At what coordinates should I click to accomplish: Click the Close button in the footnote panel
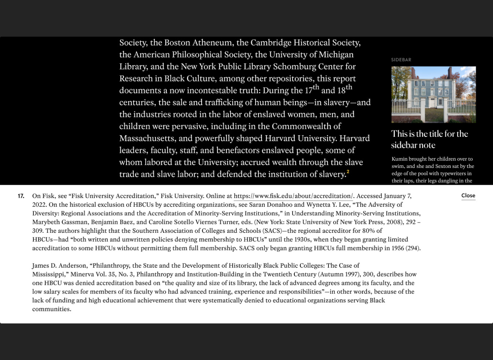[x=468, y=195]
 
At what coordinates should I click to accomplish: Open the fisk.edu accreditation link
[x=293, y=196]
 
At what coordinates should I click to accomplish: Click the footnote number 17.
[x=21, y=196]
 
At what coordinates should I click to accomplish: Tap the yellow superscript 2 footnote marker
[x=348, y=172]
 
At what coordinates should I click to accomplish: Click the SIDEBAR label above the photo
[x=401, y=60]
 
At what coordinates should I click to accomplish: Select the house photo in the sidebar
[x=433, y=94]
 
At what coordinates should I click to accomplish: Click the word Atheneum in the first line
[x=212, y=43]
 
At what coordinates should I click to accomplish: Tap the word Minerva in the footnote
[x=82, y=274]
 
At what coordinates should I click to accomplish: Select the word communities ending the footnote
[x=51, y=309]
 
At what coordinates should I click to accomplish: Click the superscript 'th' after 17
[x=316, y=87]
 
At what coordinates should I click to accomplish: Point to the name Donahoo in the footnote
[x=279, y=205]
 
